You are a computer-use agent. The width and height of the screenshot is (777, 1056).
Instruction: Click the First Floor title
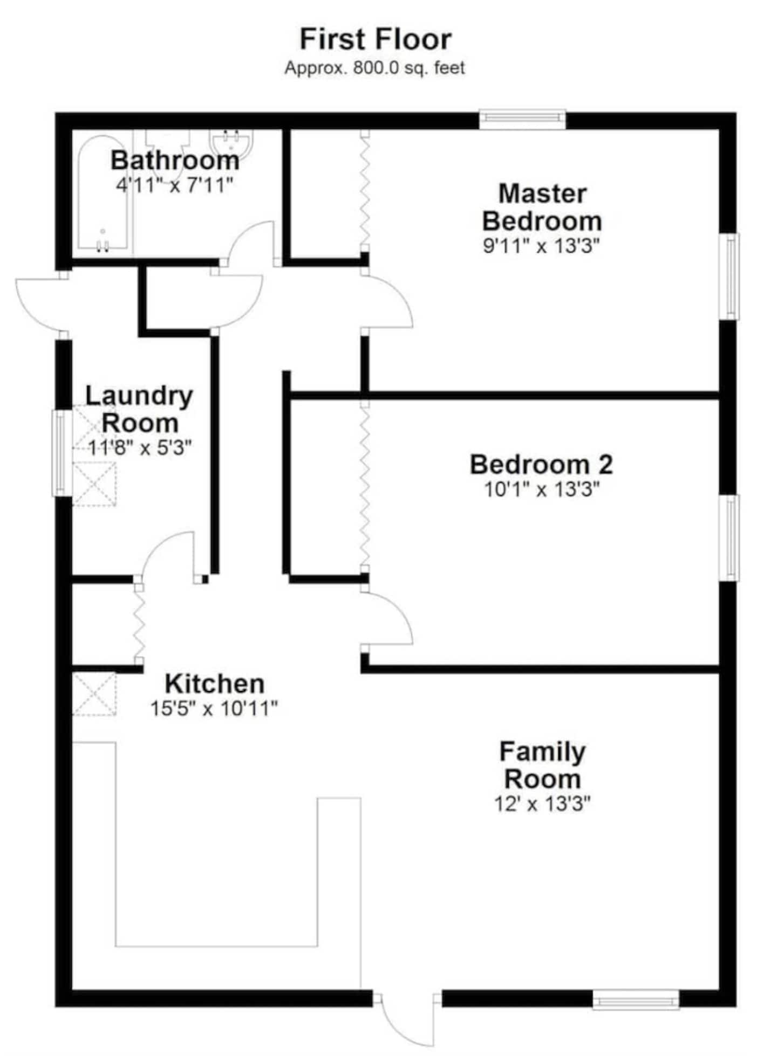click(x=376, y=39)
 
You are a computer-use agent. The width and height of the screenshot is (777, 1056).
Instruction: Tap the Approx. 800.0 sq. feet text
click(x=374, y=68)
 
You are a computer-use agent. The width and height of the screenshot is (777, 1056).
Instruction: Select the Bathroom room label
click(x=175, y=160)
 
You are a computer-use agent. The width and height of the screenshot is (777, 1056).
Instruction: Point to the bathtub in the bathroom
click(x=103, y=193)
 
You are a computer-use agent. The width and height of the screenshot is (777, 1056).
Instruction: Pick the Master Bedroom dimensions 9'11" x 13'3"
click(x=541, y=246)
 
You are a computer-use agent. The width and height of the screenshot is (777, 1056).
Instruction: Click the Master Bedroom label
click(x=542, y=207)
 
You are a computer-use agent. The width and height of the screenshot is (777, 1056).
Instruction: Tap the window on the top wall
click(x=522, y=120)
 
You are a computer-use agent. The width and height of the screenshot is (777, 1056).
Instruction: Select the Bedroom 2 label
click(x=541, y=465)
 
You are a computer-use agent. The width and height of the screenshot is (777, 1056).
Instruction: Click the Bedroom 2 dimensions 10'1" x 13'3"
click(x=541, y=489)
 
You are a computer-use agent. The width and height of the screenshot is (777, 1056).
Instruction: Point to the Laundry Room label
click(x=139, y=409)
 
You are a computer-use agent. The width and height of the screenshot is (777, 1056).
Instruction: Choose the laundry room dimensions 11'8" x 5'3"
click(x=140, y=447)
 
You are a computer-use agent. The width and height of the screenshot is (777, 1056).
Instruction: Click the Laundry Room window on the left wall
click(x=62, y=453)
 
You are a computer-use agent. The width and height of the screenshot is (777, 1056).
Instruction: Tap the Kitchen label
click(x=215, y=684)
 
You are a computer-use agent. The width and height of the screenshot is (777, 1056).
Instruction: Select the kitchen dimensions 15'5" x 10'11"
click(x=214, y=708)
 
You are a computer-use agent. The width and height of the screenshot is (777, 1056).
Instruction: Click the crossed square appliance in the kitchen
click(x=94, y=694)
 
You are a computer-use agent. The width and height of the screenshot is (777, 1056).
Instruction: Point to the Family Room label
click(x=542, y=765)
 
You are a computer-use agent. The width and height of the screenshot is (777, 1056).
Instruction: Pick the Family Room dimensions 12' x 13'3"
click(x=542, y=804)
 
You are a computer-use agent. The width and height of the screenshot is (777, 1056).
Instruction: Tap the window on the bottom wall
click(x=636, y=1000)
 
